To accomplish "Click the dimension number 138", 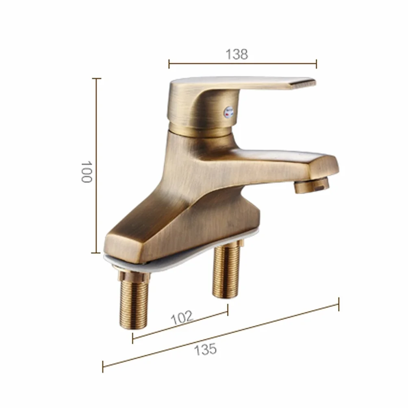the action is coord(237,54).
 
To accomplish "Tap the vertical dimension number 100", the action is coord(87,172).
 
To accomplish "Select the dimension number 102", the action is coord(182,317).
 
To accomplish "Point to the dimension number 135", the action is coord(205,349).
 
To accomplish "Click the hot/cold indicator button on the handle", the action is coord(229,112).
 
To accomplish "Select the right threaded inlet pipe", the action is coord(226,271).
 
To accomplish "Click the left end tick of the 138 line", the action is coord(169,64).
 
